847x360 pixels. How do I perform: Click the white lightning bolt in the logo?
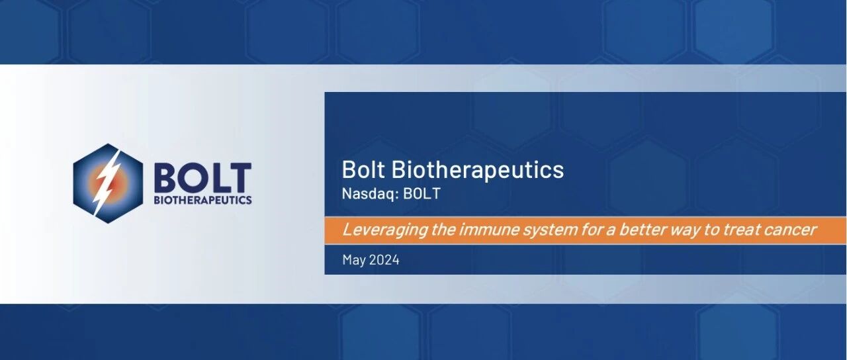tap(108, 184)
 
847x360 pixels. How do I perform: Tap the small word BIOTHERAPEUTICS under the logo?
tap(203, 200)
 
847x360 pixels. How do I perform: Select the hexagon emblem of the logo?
tap(108, 183)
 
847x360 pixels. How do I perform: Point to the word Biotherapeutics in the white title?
tap(478, 170)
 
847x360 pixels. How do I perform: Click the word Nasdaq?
tap(371, 194)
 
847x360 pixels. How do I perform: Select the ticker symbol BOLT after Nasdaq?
tap(422, 193)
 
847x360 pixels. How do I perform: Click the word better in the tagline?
tap(642, 230)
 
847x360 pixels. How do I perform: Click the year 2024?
tap(384, 260)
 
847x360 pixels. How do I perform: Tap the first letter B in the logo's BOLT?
tap(165, 178)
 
